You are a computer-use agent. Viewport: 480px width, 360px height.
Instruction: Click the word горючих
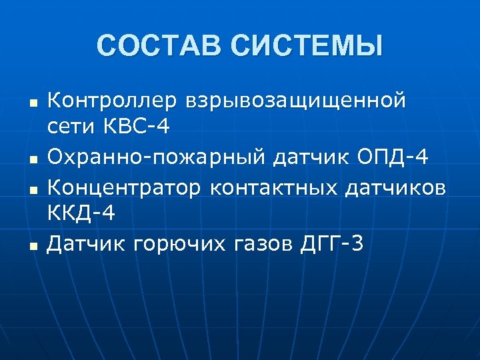click(x=179, y=245)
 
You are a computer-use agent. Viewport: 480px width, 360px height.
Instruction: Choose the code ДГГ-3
click(x=333, y=245)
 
